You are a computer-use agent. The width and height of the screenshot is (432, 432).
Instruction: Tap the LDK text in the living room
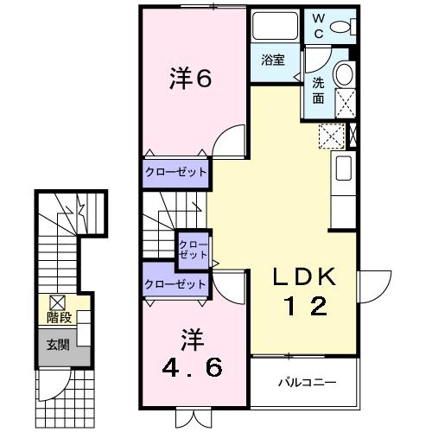point(302,278)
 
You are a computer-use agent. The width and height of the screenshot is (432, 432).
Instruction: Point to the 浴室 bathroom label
point(275,60)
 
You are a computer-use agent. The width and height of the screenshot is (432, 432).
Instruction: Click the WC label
point(318,26)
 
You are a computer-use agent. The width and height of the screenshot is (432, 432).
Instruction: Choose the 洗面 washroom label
point(318,89)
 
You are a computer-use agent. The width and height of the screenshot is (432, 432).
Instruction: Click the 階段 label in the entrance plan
point(58,318)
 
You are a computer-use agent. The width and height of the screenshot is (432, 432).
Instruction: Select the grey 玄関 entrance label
point(58,345)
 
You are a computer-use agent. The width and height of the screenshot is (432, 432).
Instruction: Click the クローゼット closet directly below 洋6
point(176,172)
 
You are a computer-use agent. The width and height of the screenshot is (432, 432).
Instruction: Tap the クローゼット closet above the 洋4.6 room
point(176,283)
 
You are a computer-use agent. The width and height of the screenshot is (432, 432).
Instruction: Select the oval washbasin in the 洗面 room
point(344,73)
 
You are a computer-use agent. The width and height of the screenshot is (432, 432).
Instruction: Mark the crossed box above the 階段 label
point(56,302)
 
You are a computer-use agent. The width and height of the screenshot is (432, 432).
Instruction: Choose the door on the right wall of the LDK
point(372,286)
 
